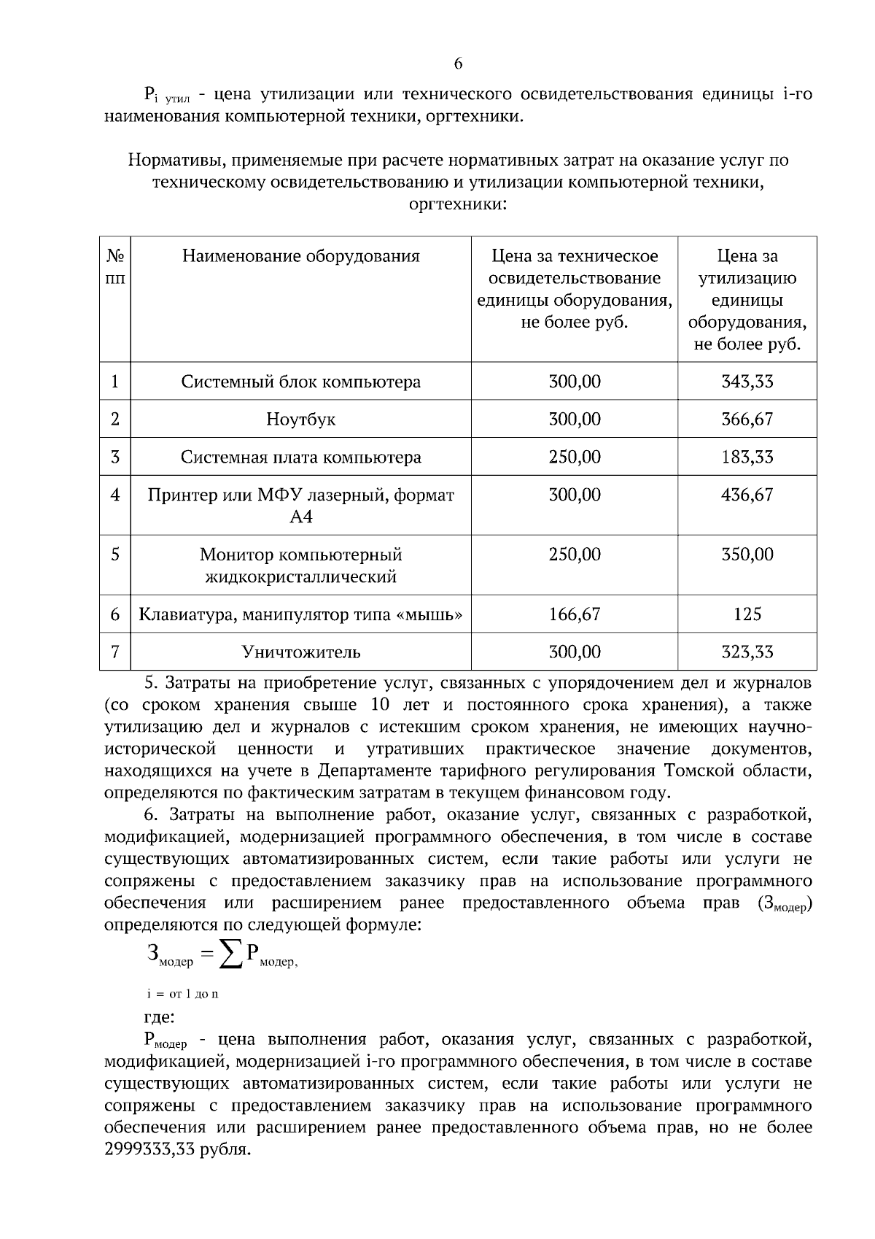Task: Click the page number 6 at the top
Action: pos(458,63)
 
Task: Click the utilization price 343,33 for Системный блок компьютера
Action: pos(747,381)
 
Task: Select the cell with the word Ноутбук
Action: pos(300,420)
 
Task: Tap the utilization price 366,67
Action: pos(747,419)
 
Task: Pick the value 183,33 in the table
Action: pos(747,458)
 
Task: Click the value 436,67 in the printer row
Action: pos(747,495)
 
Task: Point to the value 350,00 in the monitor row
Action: pos(747,555)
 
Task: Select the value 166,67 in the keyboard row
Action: pos(574,614)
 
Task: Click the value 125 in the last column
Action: pos(747,614)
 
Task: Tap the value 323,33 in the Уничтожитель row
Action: pos(747,652)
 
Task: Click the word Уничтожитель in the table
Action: pos(300,652)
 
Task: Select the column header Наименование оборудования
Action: pos(300,256)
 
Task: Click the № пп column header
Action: pos(115,266)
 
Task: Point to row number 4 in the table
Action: pos(115,495)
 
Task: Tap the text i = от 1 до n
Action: pos(182,994)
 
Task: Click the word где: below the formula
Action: pos(159,1016)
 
